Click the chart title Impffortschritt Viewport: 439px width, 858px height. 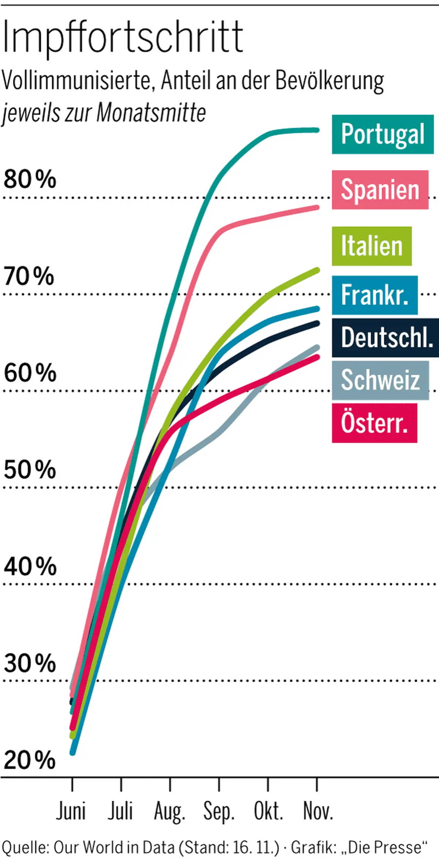(x=123, y=38)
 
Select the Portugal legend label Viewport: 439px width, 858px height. (x=383, y=134)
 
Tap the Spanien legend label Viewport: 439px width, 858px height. (x=380, y=190)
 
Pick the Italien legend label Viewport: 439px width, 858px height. (x=372, y=246)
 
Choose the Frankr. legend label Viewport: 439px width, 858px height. (x=375, y=295)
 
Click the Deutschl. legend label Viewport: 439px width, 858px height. (x=386, y=338)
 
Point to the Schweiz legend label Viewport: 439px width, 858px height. (x=380, y=380)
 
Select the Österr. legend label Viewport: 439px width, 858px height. (x=374, y=423)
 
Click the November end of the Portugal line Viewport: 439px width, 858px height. (x=317, y=130)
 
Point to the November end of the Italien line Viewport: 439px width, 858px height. (x=317, y=270)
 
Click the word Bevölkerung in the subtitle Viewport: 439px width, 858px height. (x=330, y=81)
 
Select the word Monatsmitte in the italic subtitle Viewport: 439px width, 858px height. (x=151, y=113)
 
